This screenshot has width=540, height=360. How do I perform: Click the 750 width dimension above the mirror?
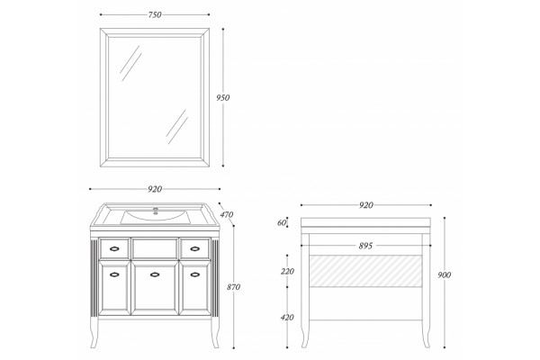[155, 14]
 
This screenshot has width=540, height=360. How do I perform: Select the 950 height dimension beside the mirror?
[223, 97]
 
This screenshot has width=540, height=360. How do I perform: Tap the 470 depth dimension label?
[227, 214]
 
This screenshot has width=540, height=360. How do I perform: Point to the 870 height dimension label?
[233, 287]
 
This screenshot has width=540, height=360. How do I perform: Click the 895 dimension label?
[365, 246]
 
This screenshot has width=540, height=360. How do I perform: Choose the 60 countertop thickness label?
[282, 223]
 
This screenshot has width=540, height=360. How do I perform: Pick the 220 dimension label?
[287, 272]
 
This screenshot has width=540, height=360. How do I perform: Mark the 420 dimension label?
[287, 318]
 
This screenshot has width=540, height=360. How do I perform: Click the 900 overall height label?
[445, 274]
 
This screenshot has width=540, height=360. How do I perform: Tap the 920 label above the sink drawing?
[155, 189]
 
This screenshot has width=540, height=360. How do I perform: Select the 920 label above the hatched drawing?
[365, 205]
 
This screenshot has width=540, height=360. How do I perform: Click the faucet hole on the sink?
[156, 211]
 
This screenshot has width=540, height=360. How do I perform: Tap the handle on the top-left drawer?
[114, 248]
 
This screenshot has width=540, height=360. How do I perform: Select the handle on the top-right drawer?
[195, 248]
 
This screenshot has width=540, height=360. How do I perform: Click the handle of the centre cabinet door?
[155, 274]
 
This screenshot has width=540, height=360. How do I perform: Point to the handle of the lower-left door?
[114, 274]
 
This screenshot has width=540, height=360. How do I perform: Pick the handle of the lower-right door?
[195, 274]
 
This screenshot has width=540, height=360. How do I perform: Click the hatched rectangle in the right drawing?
[365, 271]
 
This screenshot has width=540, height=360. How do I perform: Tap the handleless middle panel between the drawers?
[155, 248]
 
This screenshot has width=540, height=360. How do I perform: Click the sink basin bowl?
[156, 217]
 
